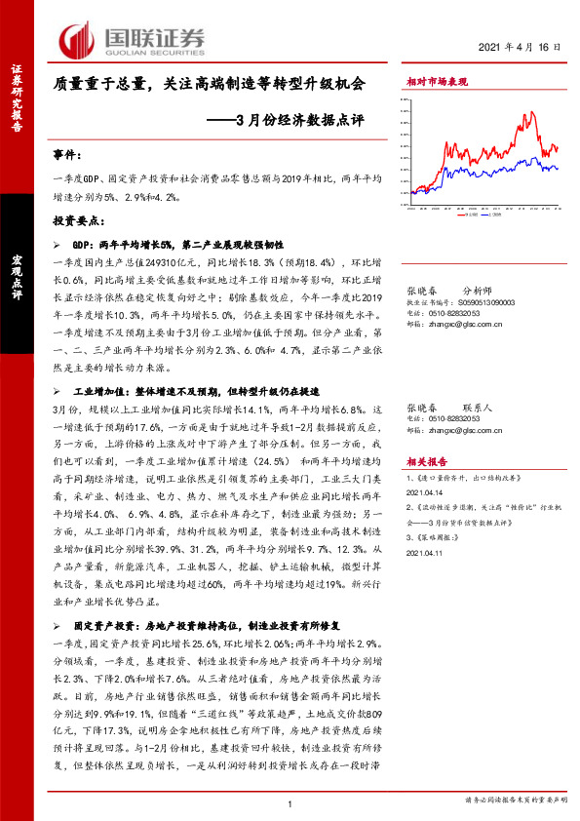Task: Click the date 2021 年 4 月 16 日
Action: pyautogui.click(x=522, y=47)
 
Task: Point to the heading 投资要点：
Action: pyautogui.click(x=77, y=222)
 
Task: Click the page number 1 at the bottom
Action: pyautogui.click(x=290, y=802)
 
